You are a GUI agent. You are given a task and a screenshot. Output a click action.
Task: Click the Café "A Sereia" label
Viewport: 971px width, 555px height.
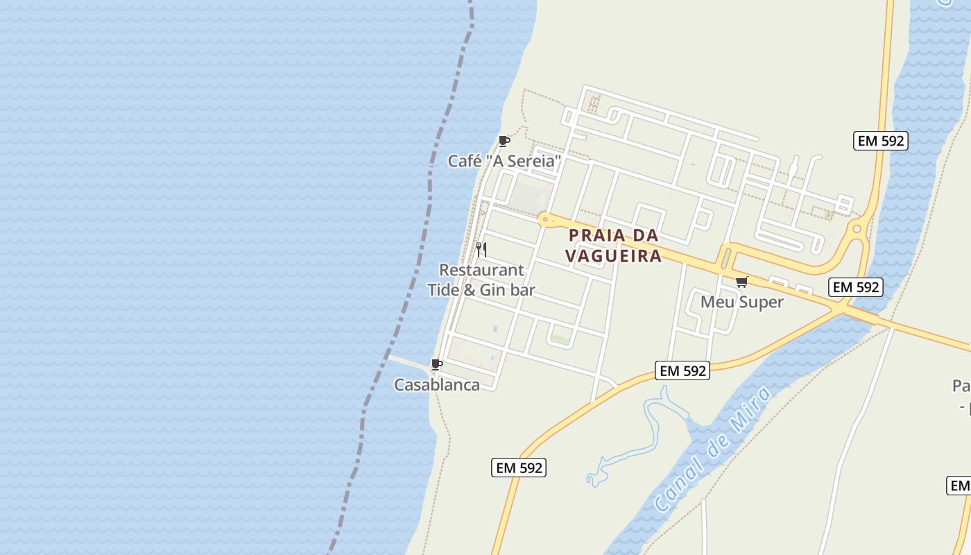coord(504,161)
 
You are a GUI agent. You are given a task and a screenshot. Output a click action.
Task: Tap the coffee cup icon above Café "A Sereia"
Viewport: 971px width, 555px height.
coord(504,142)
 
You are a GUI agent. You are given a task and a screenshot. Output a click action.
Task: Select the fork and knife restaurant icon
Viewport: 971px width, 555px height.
coord(481,249)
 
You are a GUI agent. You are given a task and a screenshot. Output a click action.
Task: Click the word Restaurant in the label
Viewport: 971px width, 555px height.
coord(481,270)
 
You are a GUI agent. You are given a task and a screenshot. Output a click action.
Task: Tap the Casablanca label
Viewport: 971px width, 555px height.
coord(437,385)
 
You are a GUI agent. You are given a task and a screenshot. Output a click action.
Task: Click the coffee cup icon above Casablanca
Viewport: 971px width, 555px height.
coord(437,364)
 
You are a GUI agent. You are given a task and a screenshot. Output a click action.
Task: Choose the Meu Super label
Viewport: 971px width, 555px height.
coord(741,302)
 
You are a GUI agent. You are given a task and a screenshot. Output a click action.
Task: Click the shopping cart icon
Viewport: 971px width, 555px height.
coord(741,282)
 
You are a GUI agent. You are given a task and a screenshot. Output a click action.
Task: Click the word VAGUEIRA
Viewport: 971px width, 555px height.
coord(613,256)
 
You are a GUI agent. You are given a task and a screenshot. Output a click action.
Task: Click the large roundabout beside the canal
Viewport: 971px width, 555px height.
coord(857,228)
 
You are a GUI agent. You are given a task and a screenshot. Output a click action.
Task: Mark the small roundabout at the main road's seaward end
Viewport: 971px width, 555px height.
coord(545,219)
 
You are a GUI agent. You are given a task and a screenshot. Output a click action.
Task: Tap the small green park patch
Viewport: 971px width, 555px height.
coord(560,339)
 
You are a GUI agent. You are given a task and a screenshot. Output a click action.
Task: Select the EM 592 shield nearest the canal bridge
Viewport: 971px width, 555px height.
coord(856,287)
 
